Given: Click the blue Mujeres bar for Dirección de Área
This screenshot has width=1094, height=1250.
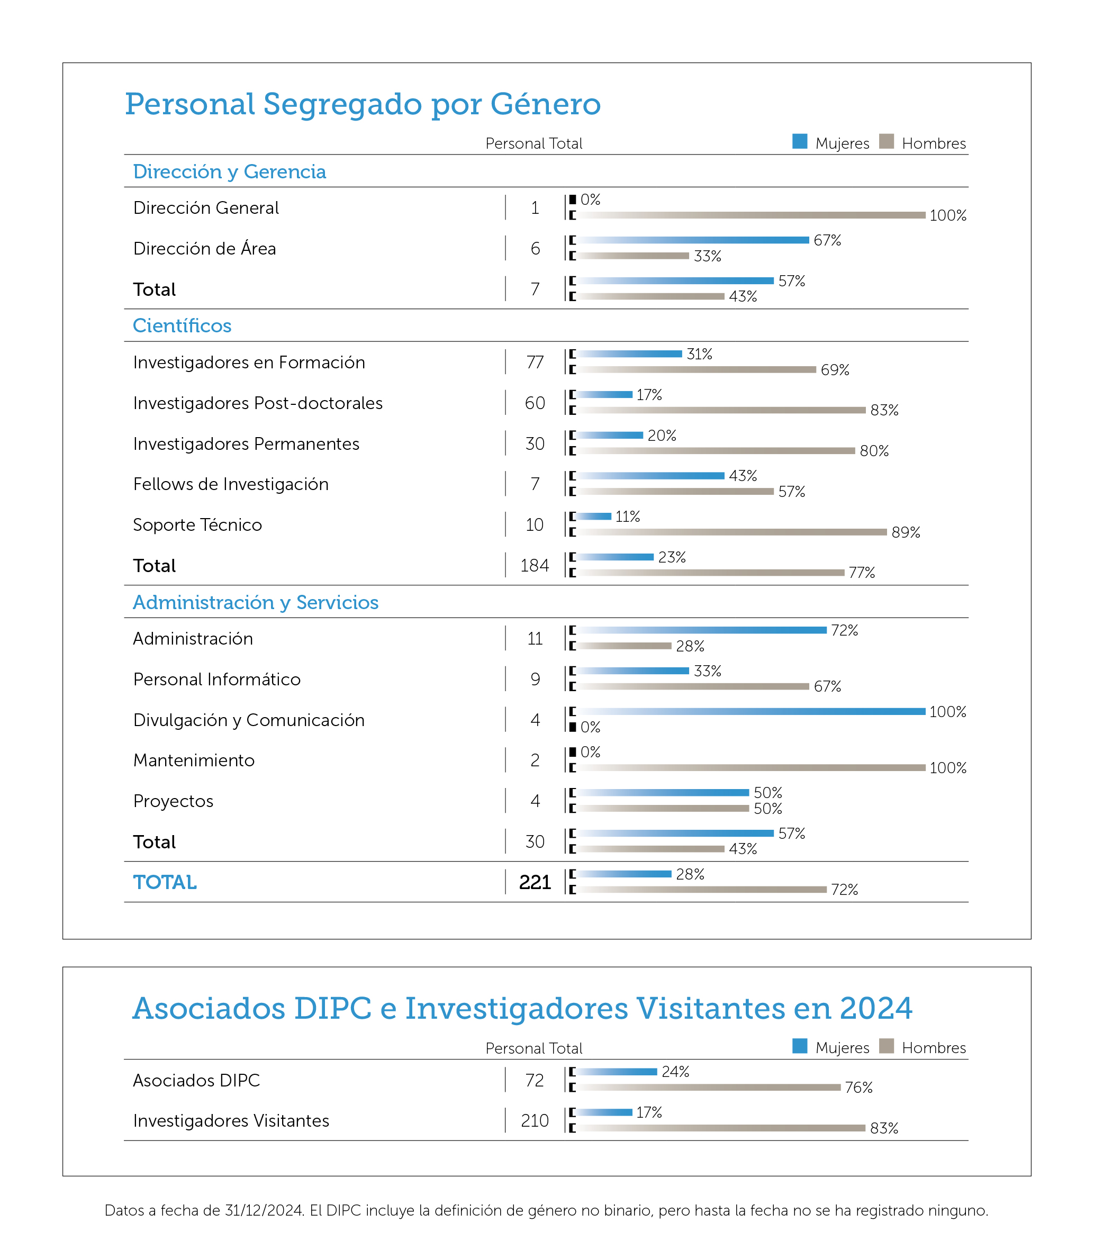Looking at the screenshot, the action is coord(693,240).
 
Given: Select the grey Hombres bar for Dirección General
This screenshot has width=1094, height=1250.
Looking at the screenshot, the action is coord(752,215).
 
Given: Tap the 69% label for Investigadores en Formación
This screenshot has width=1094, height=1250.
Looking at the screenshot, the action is coord(835,370).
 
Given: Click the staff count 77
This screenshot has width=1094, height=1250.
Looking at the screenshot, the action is coord(535,363).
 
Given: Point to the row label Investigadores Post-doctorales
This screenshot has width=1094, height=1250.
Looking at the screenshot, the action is coord(258,403).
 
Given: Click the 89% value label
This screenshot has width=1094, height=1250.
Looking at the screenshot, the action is coord(906,532).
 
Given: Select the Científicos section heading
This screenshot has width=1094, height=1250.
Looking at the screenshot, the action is coord(182,325).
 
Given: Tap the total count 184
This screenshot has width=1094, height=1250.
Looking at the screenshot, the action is coord(535,566).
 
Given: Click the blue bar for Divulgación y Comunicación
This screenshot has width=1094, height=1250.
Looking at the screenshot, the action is coord(752,711).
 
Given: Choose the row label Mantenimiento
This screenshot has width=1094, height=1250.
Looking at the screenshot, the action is coord(194,760).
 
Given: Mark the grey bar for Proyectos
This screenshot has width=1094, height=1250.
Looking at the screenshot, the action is coord(663,808).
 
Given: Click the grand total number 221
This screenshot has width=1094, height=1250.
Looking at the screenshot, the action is coord(535,883).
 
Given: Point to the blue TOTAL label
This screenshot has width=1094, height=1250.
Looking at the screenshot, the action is coord(165,883).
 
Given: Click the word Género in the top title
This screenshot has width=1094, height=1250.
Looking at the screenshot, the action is coord(546,104).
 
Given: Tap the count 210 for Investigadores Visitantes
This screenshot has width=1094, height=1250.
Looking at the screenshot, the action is coord(535,1120).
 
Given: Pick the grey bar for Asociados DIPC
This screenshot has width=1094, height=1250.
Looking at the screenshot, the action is coord(709,1087).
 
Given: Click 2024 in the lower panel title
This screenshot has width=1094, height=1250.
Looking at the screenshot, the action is coord(876,1008).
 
